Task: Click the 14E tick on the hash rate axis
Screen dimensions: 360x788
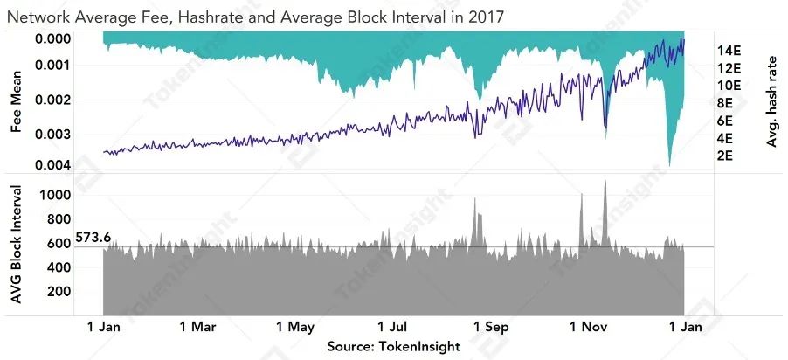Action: (729, 50)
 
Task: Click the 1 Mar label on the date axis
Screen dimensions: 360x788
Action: (197, 328)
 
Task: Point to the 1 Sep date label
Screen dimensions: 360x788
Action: (491, 328)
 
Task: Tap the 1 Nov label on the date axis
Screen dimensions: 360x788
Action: (588, 328)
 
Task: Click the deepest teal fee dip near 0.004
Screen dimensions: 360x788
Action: (669, 163)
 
